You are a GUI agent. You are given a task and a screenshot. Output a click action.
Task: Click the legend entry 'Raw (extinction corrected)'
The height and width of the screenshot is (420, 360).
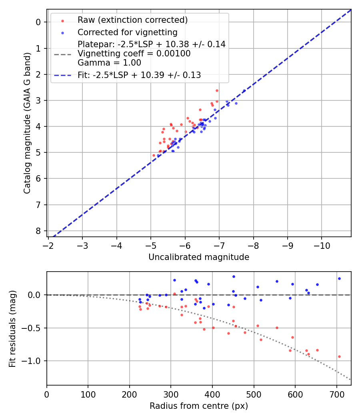(132, 20)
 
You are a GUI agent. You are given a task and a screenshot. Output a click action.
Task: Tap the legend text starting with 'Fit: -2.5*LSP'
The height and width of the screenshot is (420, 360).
(139, 75)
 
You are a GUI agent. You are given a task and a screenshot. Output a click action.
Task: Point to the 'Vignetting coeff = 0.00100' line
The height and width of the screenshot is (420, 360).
(134, 54)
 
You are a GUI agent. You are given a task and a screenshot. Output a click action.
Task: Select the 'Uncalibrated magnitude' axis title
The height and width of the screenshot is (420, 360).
(199, 257)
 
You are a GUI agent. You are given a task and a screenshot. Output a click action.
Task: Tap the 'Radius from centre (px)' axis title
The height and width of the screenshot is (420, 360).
(199, 406)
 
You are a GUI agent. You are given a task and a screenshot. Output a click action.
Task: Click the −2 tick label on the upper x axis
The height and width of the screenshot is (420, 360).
(48, 245)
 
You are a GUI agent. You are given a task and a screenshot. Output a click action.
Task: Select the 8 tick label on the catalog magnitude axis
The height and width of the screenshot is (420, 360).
(38, 231)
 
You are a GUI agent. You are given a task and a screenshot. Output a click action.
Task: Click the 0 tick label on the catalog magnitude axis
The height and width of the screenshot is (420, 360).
(38, 22)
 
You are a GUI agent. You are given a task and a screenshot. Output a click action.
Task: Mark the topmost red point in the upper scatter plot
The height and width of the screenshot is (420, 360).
(217, 90)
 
